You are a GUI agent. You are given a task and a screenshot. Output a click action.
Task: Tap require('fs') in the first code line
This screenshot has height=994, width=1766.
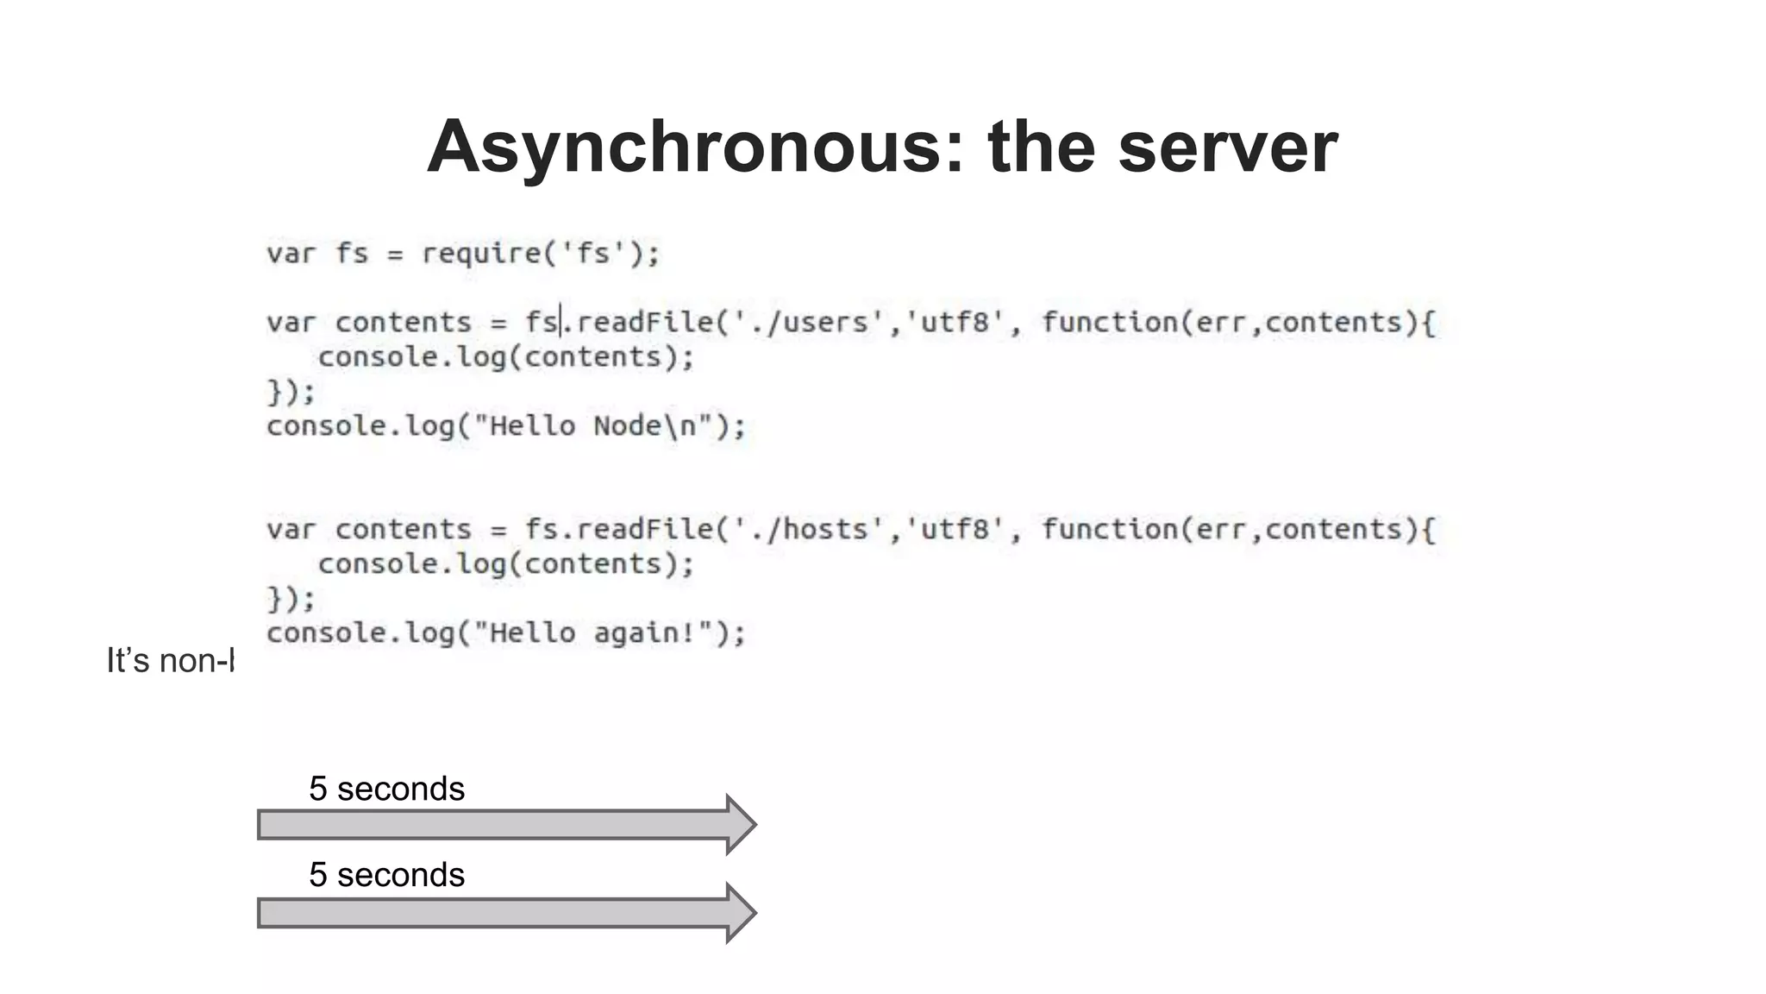coord(539,254)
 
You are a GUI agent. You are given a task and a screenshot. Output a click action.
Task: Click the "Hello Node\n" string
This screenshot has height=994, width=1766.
coord(601,426)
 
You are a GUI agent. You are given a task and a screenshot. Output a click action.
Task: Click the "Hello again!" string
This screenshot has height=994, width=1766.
coord(601,633)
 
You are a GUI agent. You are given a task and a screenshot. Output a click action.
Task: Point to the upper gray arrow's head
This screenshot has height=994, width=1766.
coord(740,825)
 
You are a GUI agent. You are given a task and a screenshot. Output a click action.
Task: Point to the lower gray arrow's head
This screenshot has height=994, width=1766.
coord(740,913)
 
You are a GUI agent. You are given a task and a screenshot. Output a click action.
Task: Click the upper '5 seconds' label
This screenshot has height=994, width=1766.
coord(386,789)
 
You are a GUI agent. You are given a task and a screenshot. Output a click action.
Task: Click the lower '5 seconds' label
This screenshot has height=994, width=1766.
coord(386,875)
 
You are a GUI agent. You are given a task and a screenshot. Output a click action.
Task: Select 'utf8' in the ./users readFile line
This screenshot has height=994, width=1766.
coord(955,323)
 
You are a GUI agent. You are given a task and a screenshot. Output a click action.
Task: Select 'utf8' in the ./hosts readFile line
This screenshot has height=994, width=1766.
coord(955,530)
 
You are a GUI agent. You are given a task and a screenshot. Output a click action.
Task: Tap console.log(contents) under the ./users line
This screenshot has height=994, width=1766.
coord(505,357)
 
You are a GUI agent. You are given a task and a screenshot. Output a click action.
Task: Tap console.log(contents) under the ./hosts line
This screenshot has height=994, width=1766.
coord(505,564)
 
